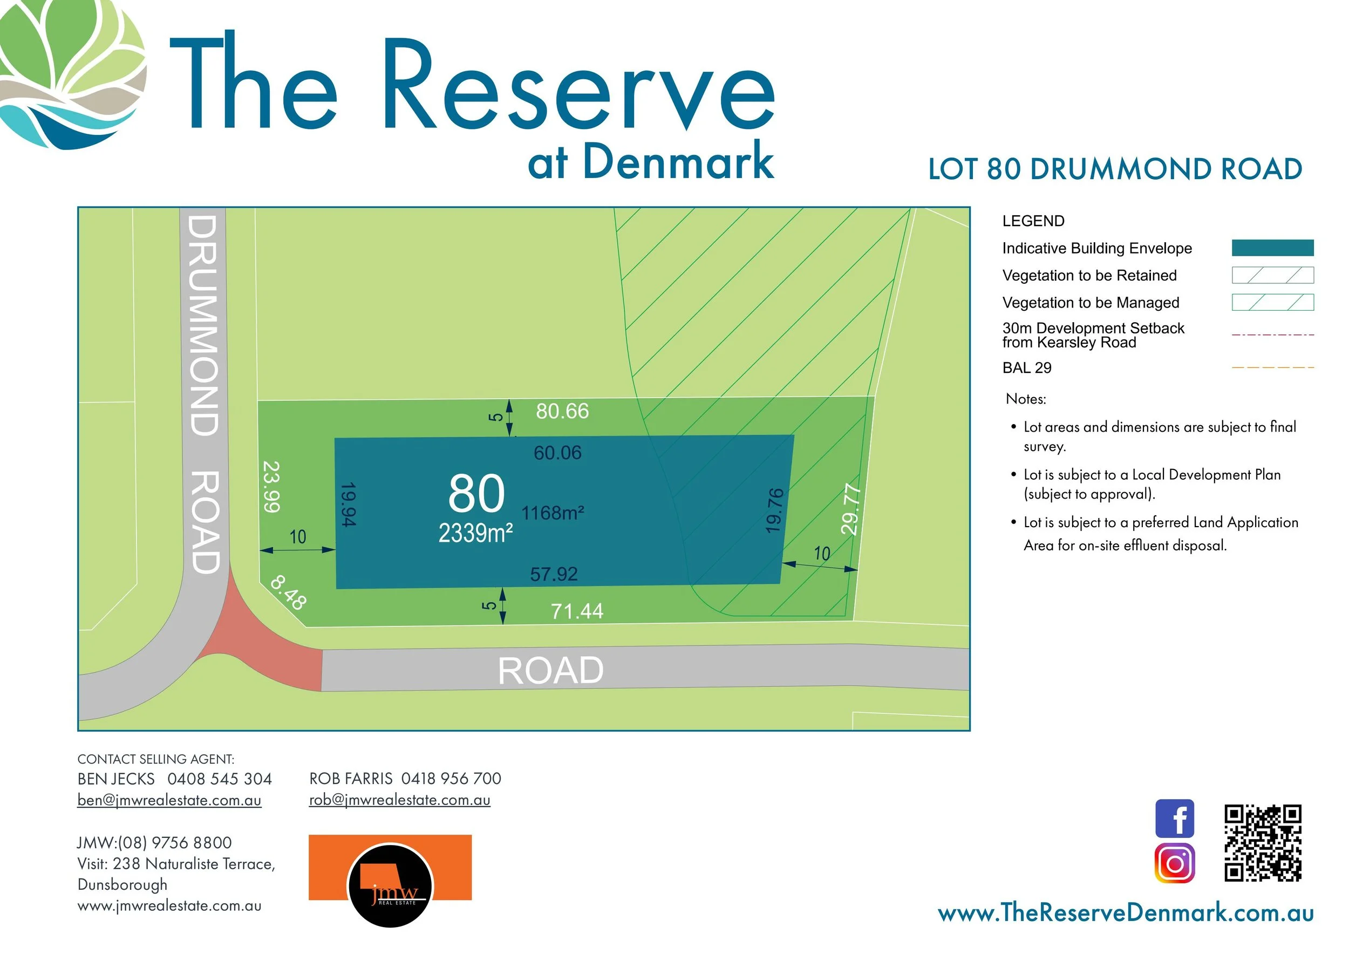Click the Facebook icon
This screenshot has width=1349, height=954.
click(x=1175, y=819)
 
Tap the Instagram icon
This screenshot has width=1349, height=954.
click(x=1175, y=863)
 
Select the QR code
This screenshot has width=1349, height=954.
click(x=1263, y=843)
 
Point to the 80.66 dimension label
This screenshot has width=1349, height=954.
click(x=562, y=411)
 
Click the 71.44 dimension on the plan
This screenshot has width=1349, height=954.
click(x=576, y=611)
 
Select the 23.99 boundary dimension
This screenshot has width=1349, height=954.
click(x=271, y=486)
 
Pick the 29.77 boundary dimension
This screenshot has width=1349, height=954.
click(x=851, y=509)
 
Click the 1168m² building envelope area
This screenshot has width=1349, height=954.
click(x=553, y=513)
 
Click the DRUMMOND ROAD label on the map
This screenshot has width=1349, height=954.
click(x=205, y=393)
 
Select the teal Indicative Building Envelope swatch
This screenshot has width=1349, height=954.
click(x=1272, y=248)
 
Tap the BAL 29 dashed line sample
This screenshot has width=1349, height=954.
click(x=1272, y=368)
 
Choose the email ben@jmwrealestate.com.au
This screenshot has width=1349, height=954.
click(x=169, y=800)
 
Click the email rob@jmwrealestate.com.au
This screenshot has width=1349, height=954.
click(x=399, y=800)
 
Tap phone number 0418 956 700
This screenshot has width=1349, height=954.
click(x=451, y=779)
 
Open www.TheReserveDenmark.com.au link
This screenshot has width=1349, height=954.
click(x=1125, y=913)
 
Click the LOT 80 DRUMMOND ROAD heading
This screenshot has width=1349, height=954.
click(x=1115, y=169)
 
